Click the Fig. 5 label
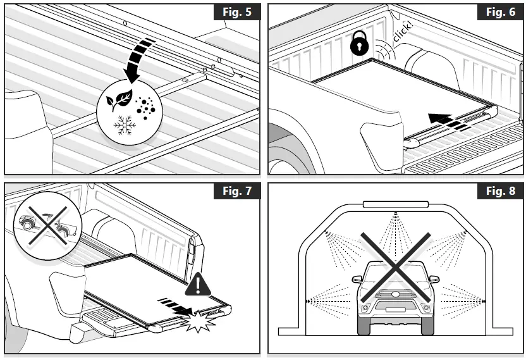(237, 13)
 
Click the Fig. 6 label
(500, 13)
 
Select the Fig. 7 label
(237, 192)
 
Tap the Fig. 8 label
(500, 192)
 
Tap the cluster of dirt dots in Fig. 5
(147, 108)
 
